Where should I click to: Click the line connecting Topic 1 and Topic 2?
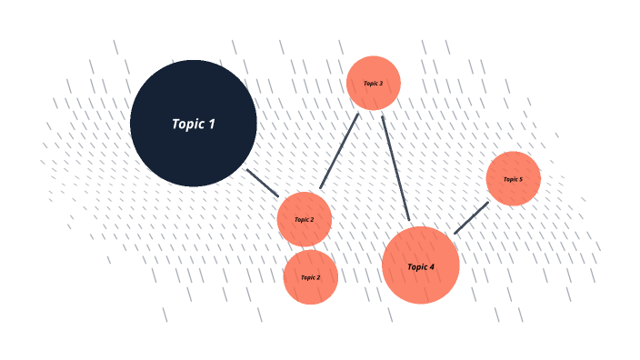263,182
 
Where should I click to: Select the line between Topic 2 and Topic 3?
339,151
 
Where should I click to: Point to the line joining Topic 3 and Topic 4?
395,168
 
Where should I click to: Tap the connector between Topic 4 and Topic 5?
471,218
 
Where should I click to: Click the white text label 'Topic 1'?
194,124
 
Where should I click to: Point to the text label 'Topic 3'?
373,84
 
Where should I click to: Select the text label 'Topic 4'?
420,266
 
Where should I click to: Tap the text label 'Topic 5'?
513,179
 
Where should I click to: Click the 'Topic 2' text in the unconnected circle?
310,277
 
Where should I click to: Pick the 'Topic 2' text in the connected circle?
304,219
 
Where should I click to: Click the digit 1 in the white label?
212,124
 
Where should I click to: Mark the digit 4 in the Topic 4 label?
432,266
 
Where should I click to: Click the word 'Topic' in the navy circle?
187,124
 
